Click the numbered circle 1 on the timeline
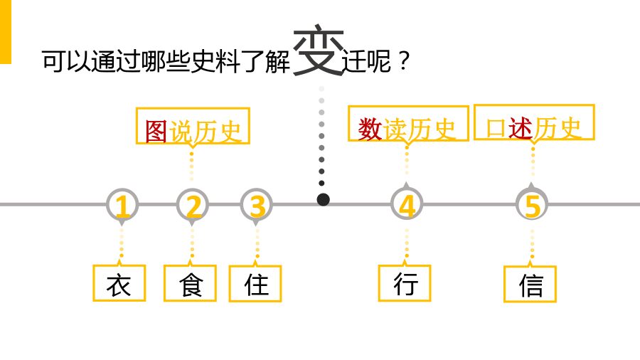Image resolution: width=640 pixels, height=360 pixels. pyautogui.click(x=122, y=205)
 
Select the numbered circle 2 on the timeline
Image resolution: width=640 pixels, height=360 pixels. pyautogui.click(x=192, y=205)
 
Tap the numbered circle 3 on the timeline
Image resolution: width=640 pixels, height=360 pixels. pyautogui.click(x=256, y=205)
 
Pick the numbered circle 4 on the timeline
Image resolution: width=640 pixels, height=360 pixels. pyautogui.click(x=407, y=204)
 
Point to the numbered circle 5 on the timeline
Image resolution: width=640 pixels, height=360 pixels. pyautogui.click(x=532, y=204)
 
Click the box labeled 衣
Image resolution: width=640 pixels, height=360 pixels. pyautogui.click(x=119, y=283)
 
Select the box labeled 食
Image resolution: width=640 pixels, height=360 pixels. pyautogui.click(x=190, y=283)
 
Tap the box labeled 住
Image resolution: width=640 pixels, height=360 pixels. pyautogui.click(x=255, y=284)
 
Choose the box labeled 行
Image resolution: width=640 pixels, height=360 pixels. pyautogui.click(x=405, y=283)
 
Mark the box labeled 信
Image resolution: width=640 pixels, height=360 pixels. pyautogui.click(x=530, y=284)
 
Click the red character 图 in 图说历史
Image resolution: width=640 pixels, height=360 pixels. pyautogui.click(x=156, y=132)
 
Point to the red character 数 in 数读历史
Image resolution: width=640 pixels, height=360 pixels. pyautogui.click(x=370, y=129)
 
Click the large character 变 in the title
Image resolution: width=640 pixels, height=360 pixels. pyautogui.click(x=319, y=50)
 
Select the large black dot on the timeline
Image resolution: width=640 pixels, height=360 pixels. pyautogui.click(x=324, y=200)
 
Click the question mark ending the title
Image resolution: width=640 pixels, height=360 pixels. pyautogui.click(x=404, y=61)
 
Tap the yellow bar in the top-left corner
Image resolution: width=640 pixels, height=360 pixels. pyautogui.click(x=6, y=32)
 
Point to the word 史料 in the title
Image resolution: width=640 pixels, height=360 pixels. pyautogui.click(x=215, y=62)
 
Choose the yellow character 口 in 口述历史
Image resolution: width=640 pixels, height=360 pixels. pyautogui.click(x=496, y=129)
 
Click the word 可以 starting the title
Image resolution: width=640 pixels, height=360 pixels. pyautogui.click(x=67, y=62)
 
